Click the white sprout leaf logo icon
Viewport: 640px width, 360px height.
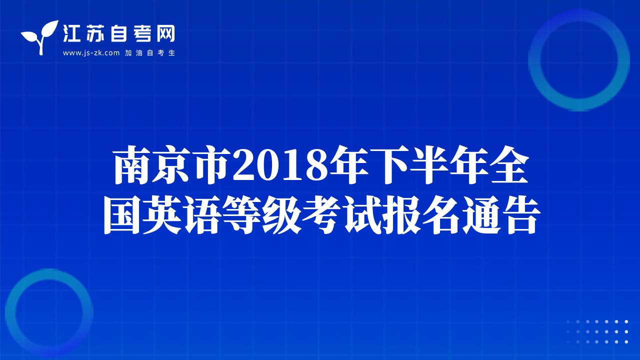[40, 37]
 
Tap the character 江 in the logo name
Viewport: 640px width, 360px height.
[71, 33]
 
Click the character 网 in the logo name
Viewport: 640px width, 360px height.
[166, 33]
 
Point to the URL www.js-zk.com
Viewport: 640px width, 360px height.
[91, 53]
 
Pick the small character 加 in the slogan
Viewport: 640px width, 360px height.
[128, 53]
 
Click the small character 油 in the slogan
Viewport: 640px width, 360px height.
[139, 53]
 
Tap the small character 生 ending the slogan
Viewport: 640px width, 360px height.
[171, 53]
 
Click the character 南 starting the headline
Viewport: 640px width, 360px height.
[132, 165]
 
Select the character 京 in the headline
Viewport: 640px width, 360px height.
[171, 165]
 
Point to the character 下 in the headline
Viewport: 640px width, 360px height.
[389, 165]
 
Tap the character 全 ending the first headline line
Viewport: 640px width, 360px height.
[509, 165]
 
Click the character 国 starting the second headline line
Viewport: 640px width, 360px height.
[122, 215]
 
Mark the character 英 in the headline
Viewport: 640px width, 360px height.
[161, 215]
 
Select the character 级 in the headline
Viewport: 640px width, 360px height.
[281, 215]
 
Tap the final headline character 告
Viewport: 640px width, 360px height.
[520, 215]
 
